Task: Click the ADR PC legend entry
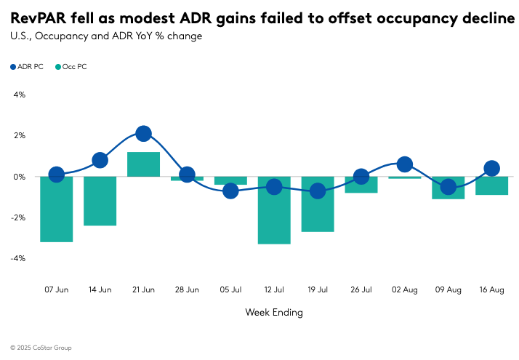[27, 67]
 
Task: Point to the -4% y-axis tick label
[17, 258]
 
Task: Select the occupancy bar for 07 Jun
[56, 209]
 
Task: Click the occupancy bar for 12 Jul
[274, 210]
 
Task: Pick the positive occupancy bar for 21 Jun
[143, 164]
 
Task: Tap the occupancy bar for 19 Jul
[318, 204]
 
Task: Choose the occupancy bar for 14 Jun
[100, 201]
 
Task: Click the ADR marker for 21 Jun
[143, 134]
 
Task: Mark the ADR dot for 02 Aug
[405, 164]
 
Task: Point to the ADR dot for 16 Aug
[491, 169]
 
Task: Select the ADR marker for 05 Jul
[230, 191]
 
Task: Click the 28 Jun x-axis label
[187, 289]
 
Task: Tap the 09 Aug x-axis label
[448, 289]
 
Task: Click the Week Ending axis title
[273, 313]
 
